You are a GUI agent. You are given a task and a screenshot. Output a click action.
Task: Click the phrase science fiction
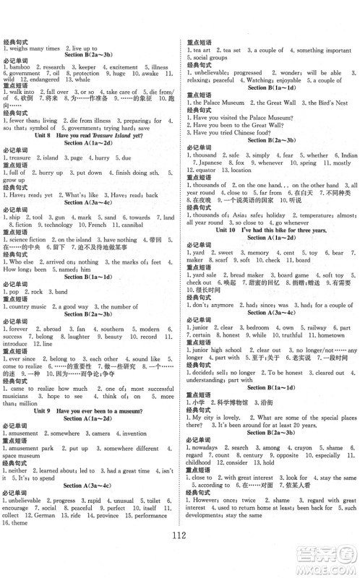[x=27, y=239]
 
